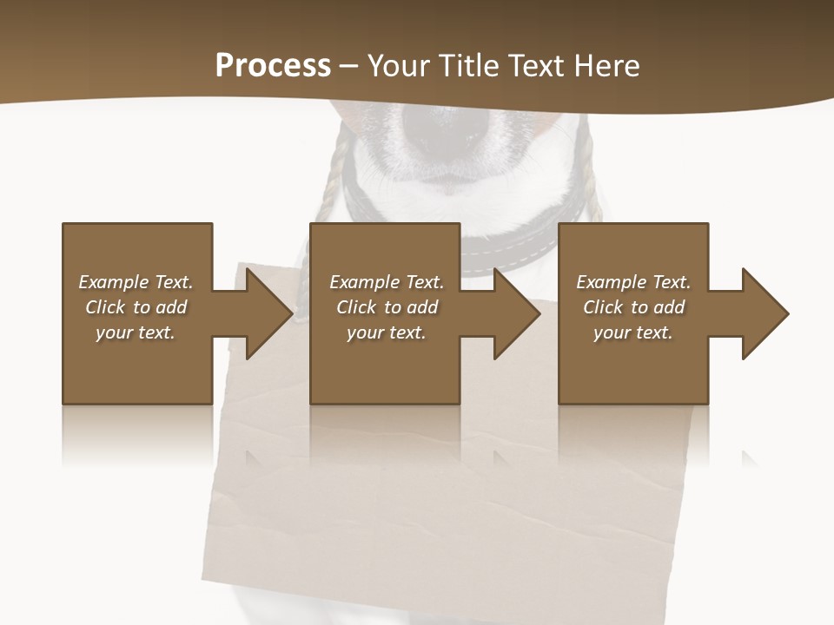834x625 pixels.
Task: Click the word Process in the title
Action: tap(273, 66)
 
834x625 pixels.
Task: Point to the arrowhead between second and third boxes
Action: tap(516, 313)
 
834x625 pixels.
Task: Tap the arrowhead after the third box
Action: tap(764, 313)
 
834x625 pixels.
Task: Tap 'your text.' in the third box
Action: tap(632, 332)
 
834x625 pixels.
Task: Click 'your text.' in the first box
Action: tap(136, 332)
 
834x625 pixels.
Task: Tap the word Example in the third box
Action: tap(612, 282)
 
